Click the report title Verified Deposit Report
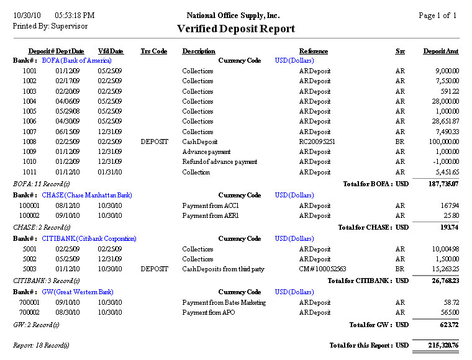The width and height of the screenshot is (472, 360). point(236,29)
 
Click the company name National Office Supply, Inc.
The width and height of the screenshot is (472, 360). point(233,16)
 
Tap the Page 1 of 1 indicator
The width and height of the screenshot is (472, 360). point(437,16)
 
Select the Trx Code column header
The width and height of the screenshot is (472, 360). point(153,51)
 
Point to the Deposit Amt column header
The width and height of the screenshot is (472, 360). point(441,51)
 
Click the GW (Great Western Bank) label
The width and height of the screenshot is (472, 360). point(78,292)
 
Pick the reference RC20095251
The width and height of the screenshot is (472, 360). point(317,142)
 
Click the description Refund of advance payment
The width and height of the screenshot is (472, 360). point(219,162)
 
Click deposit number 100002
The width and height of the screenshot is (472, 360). point(29,215)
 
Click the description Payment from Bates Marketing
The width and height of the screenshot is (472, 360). point(224,302)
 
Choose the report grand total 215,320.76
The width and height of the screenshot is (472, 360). point(442,345)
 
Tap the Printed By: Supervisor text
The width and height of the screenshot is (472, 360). point(50,26)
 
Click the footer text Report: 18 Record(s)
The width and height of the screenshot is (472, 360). point(41,345)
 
